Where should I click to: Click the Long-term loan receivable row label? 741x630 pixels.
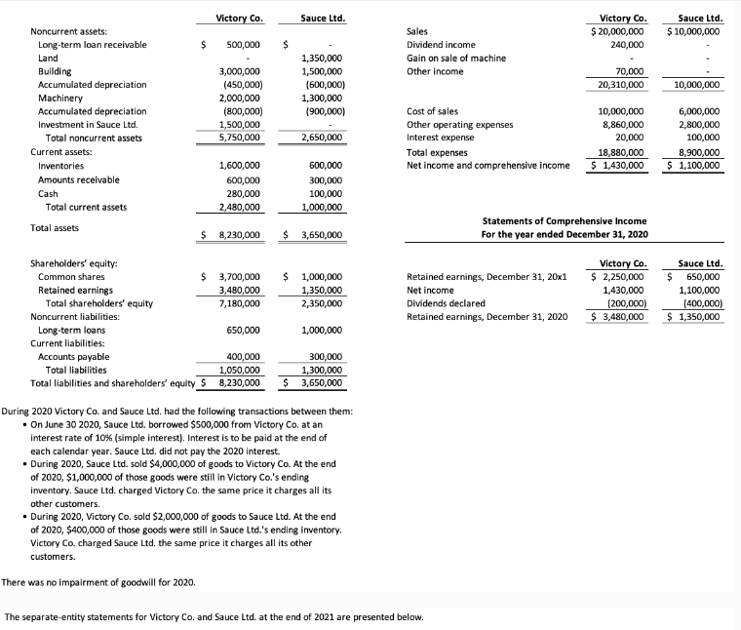[92, 45]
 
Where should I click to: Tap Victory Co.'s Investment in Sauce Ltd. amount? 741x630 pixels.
[240, 125]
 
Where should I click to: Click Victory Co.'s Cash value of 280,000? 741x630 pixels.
[243, 193]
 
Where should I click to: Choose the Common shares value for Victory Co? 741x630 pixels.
[236, 277]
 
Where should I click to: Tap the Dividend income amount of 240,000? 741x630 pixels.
[626, 45]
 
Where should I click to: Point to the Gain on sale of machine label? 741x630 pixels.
[455, 59]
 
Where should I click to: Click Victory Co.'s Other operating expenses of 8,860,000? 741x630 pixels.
[621, 125]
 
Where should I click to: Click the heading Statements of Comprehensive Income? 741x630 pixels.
[565, 221]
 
